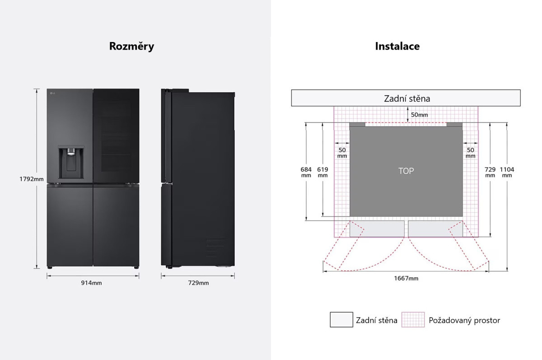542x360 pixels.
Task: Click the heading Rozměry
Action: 131,46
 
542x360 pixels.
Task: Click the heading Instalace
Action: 397,46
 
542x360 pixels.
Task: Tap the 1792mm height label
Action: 32,179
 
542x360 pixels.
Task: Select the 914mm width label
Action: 91,283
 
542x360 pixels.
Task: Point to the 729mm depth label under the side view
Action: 198,283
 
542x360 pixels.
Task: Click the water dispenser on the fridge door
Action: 71,162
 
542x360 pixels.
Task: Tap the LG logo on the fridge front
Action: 52,93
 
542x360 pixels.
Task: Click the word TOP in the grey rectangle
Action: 406,171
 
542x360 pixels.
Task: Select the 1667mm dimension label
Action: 406,278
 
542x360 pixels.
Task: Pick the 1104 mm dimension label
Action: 507,172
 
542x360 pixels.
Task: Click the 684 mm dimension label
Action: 306,172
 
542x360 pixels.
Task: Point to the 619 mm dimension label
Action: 322,172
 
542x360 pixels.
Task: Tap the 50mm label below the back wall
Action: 419,115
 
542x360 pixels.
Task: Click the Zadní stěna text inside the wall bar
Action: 407,99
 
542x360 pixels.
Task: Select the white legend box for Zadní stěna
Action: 341,320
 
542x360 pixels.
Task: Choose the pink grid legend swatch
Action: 413,320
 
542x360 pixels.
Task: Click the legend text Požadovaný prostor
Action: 464,320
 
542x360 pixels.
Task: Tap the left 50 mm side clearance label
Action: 342,153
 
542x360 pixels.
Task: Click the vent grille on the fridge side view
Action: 215,247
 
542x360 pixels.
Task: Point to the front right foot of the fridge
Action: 136,267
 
